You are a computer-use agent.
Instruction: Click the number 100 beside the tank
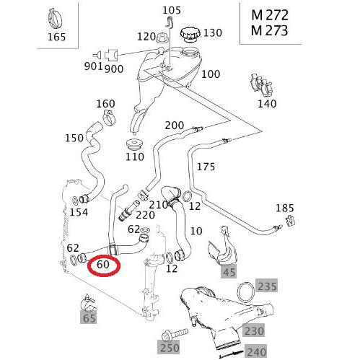pyautogui.click(x=211, y=74)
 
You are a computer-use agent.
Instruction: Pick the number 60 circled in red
pyautogui.click(x=102, y=265)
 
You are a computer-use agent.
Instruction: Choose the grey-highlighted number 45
pyautogui.click(x=229, y=271)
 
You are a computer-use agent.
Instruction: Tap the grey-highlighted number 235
pyautogui.click(x=267, y=286)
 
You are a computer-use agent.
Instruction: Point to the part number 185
pyautogui.click(x=286, y=208)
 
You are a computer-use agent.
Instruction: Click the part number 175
pyautogui.click(x=206, y=167)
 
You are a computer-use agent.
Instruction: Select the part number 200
pyautogui.click(x=175, y=125)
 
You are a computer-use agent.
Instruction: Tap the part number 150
pyautogui.click(x=74, y=137)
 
